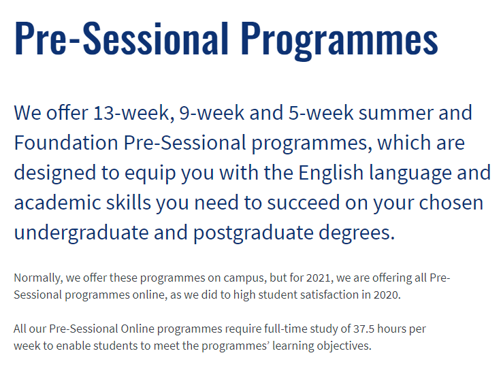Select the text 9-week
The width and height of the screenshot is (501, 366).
tap(212, 113)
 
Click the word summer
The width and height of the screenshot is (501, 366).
tap(395, 114)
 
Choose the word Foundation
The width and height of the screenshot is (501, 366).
tap(66, 142)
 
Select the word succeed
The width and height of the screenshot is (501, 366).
tap(303, 202)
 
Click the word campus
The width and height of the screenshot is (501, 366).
tap(244, 278)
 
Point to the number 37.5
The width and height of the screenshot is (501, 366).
tap(363, 329)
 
